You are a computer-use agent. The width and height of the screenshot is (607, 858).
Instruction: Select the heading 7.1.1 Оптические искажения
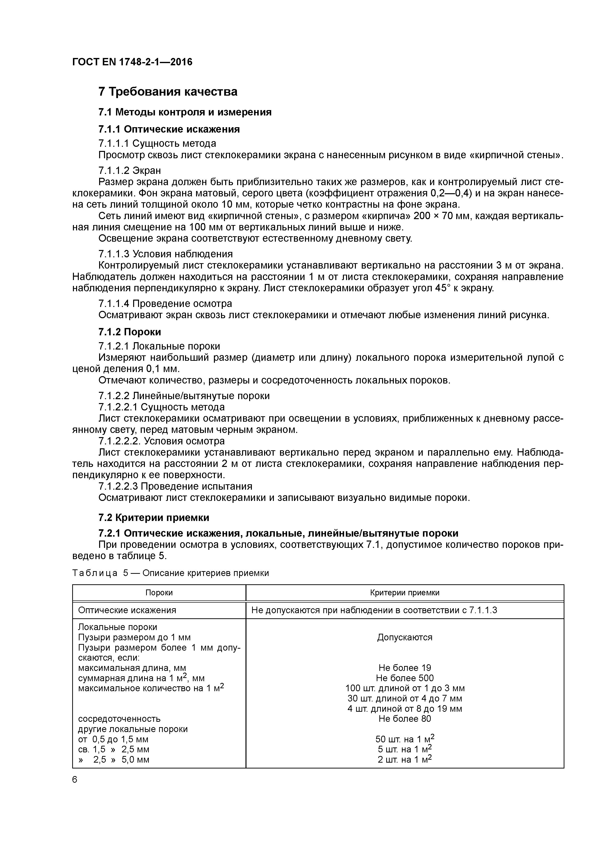(x=169, y=129)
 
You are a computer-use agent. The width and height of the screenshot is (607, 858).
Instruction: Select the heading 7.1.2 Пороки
(x=129, y=332)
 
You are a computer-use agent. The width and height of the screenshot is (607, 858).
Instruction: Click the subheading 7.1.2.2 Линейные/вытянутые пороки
(x=184, y=396)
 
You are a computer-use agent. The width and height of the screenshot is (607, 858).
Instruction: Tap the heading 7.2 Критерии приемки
(x=153, y=518)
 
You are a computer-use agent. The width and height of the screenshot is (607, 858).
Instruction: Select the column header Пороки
(x=159, y=593)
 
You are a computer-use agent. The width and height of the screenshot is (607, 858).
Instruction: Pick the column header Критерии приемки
(x=405, y=593)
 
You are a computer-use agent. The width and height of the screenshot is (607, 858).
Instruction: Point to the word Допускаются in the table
(x=405, y=637)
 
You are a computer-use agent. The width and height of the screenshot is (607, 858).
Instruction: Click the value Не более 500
(x=405, y=678)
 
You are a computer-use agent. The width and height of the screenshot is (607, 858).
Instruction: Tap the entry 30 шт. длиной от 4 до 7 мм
(x=405, y=699)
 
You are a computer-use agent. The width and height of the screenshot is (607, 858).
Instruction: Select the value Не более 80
(x=405, y=719)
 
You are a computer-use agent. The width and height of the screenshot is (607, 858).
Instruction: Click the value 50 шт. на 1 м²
(x=405, y=739)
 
